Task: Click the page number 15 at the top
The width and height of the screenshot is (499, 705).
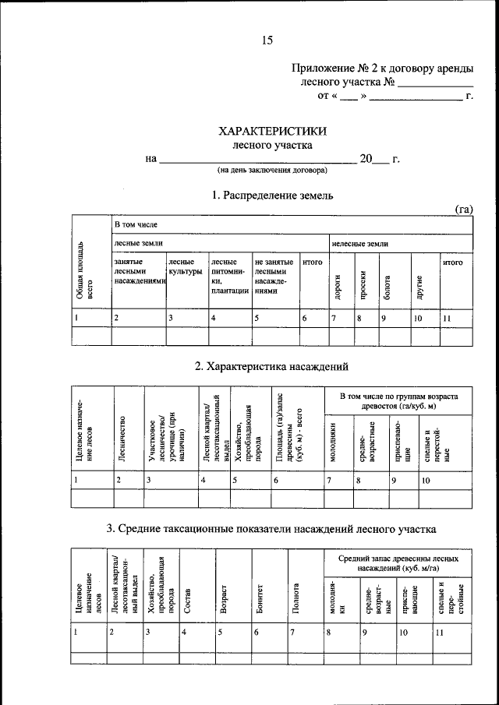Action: pyautogui.click(x=268, y=41)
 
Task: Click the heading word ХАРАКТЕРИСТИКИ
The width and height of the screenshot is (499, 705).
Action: pyautogui.click(x=272, y=132)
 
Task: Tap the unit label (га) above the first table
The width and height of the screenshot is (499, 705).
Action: pyautogui.click(x=465, y=208)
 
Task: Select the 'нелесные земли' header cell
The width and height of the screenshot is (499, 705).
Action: pyautogui.click(x=360, y=244)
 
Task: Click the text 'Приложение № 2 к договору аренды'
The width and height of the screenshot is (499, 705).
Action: pyautogui.click(x=381, y=69)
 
